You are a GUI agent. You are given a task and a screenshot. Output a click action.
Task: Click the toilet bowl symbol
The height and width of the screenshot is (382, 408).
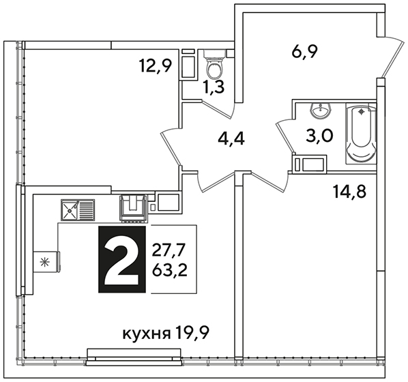click(214, 61)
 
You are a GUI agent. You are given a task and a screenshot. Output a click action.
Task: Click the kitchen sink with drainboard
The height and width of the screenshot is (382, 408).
click(78, 209)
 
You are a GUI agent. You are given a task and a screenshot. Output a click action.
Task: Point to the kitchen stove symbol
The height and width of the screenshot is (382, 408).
click(133, 209)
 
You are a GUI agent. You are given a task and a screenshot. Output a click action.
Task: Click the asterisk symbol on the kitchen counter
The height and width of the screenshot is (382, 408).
click(46, 261)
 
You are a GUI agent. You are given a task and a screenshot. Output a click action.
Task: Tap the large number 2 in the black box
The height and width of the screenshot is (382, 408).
click(121, 259)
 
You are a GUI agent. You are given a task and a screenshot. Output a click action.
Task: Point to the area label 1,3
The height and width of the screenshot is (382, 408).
click(214, 87)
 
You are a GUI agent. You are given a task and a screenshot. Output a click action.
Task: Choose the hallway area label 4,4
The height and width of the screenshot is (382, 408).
click(231, 138)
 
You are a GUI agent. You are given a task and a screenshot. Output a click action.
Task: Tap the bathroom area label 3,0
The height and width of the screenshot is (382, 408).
click(319, 136)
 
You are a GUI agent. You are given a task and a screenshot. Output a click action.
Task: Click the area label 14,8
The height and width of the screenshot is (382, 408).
click(349, 192)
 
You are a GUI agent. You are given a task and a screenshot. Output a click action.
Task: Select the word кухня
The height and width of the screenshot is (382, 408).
click(147, 334)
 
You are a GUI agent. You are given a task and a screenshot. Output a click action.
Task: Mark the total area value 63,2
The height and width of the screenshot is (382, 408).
click(170, 271)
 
